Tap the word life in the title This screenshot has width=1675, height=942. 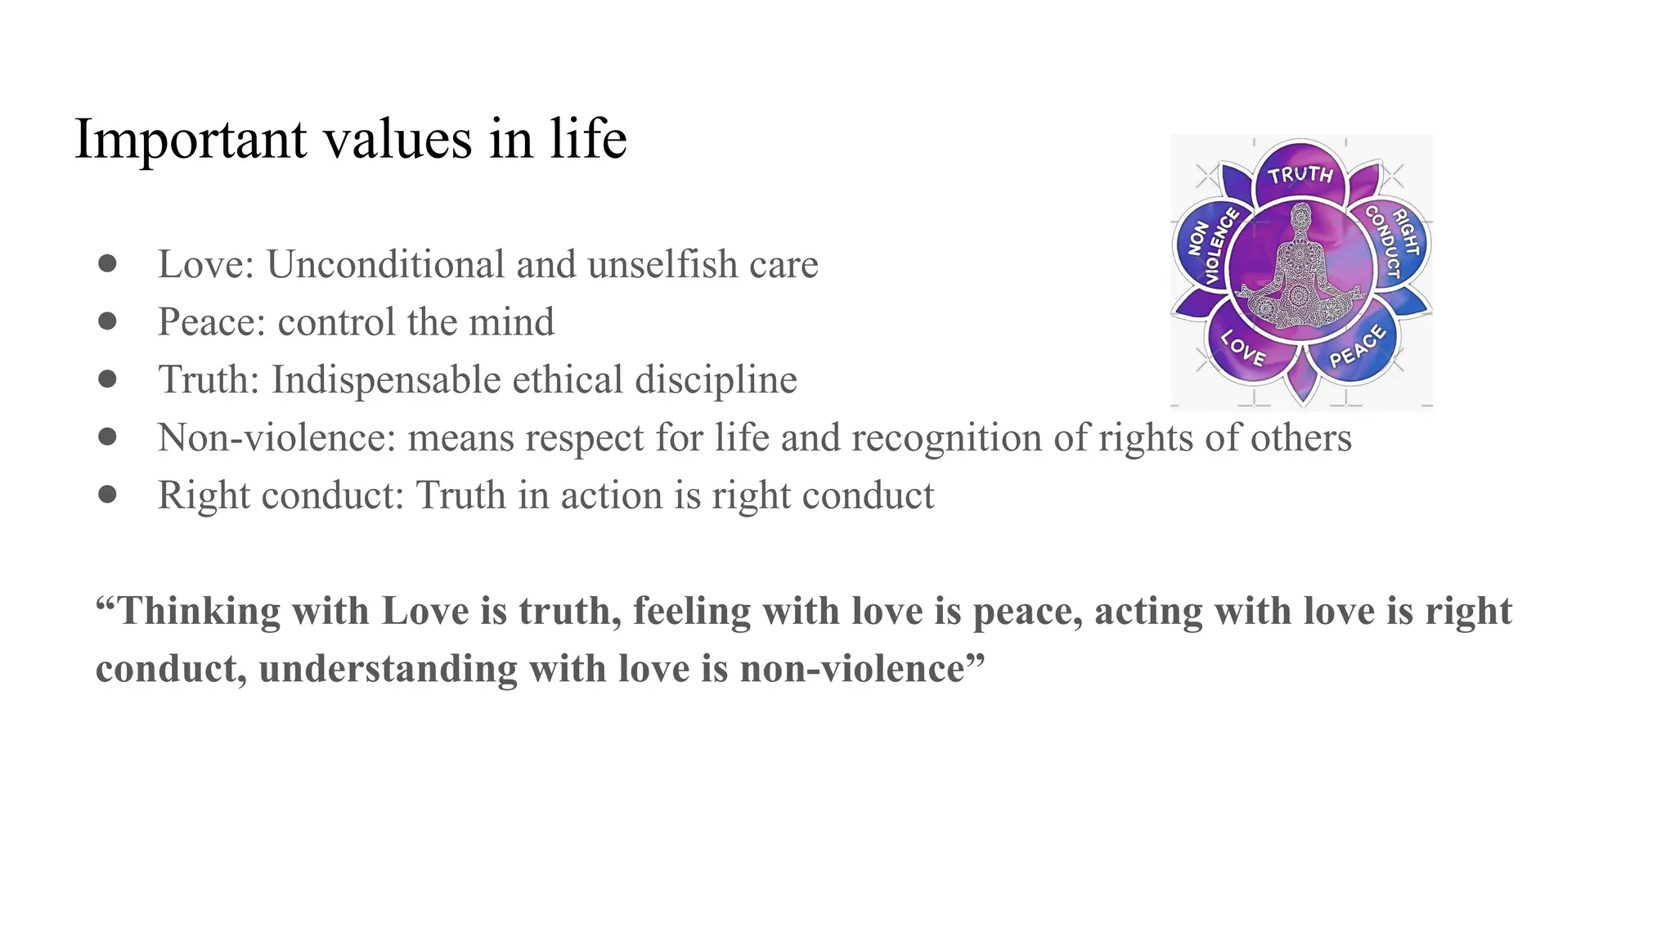click(588, 138)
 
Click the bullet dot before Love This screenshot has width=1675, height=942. click(107, 263)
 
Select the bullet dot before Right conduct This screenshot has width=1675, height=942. click(107, 494)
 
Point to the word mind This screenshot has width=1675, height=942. click(511, 321)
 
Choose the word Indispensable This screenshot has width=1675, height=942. click(385, 379)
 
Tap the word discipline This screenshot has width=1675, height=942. click(716, 379)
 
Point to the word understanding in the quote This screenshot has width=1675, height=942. click(388, 669)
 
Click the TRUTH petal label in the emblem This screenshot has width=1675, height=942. click(1300, 174)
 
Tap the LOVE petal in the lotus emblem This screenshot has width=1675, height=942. click(1244, 348)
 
